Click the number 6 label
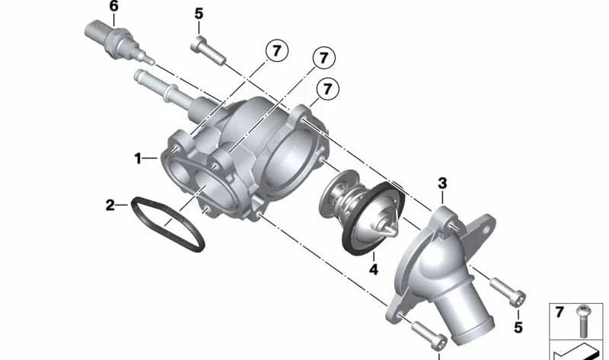113,7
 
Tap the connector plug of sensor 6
98,33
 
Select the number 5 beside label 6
199,14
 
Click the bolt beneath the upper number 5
208,50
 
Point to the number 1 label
138,158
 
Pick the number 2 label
110,205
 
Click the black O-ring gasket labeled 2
167,224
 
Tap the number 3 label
442,183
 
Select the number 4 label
373,269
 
